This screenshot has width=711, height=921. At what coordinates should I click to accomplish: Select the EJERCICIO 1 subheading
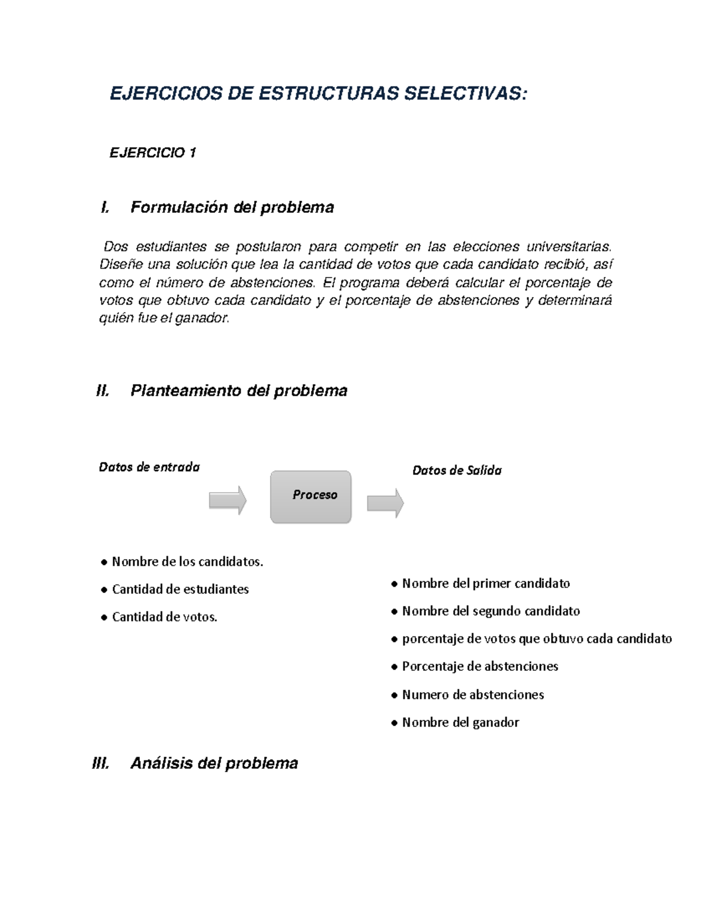pos(153,153)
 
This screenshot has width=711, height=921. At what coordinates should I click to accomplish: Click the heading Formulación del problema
pos(232,208)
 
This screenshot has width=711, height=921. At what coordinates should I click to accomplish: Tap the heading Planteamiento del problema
pos(238,391)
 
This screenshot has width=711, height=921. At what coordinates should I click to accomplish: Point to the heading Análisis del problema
pos(214,763)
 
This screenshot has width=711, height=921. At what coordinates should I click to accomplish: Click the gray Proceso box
pos(311,497)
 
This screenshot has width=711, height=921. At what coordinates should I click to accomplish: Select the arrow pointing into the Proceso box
pos(228,501)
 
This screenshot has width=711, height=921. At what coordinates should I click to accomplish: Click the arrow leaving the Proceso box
pos(385,503)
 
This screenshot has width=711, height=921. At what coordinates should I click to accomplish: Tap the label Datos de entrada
pos(149,467)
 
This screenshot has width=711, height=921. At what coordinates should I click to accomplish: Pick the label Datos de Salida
pos(457,470)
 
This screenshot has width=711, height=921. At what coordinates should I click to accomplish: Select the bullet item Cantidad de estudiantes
pos(180,589)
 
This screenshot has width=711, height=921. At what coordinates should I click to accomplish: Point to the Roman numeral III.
pos(101,763)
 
